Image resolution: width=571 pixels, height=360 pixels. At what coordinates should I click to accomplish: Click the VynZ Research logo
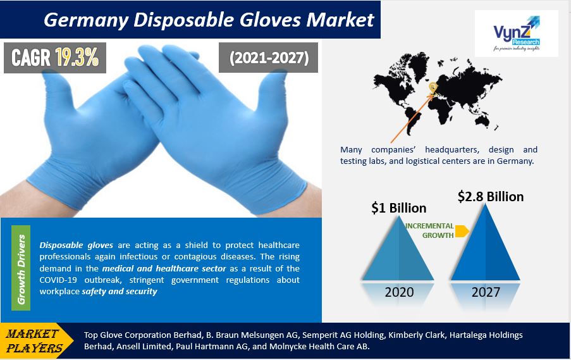pyautogui.click(x=517, y=33)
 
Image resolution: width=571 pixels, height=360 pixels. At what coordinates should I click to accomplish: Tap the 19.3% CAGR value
pyautogui.click(x=77, y=57)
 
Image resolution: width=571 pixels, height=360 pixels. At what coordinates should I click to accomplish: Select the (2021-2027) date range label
pyautogui.click(x=269, y=58)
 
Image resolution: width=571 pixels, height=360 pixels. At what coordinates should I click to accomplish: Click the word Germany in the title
pyautogui.click(x=85, y=20)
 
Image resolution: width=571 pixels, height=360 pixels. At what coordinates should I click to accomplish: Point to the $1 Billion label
pyautogui.click(x=399, y=208)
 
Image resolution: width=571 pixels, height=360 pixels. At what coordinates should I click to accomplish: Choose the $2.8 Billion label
pyautogui.click(x=491, y=196)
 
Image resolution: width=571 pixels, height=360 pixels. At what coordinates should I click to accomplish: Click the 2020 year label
pyautogui.click(x=399, y=292)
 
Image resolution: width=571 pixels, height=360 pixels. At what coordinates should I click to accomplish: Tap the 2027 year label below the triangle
pyautogui.click(x=486, y=292)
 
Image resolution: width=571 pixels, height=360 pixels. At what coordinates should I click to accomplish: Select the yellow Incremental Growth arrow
pyautogui.click(x=462, y=231)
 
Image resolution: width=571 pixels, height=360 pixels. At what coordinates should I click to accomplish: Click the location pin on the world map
pyautogui.click(x=433, y=87)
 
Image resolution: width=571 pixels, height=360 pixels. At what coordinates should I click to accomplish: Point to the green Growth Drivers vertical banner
pyautogui.click(x=21, y=268)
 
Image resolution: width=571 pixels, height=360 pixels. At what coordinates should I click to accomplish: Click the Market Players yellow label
pyautogui.click(x=34, y=340)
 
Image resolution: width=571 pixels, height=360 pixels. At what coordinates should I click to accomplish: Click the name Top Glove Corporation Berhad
pyautogui.click(x=143, y=335)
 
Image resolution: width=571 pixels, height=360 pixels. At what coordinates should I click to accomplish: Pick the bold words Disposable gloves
pyautogui.click(x=76, y=245)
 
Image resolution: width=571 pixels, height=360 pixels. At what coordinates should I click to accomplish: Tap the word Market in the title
pyautogui.click(x=340, y=20)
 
